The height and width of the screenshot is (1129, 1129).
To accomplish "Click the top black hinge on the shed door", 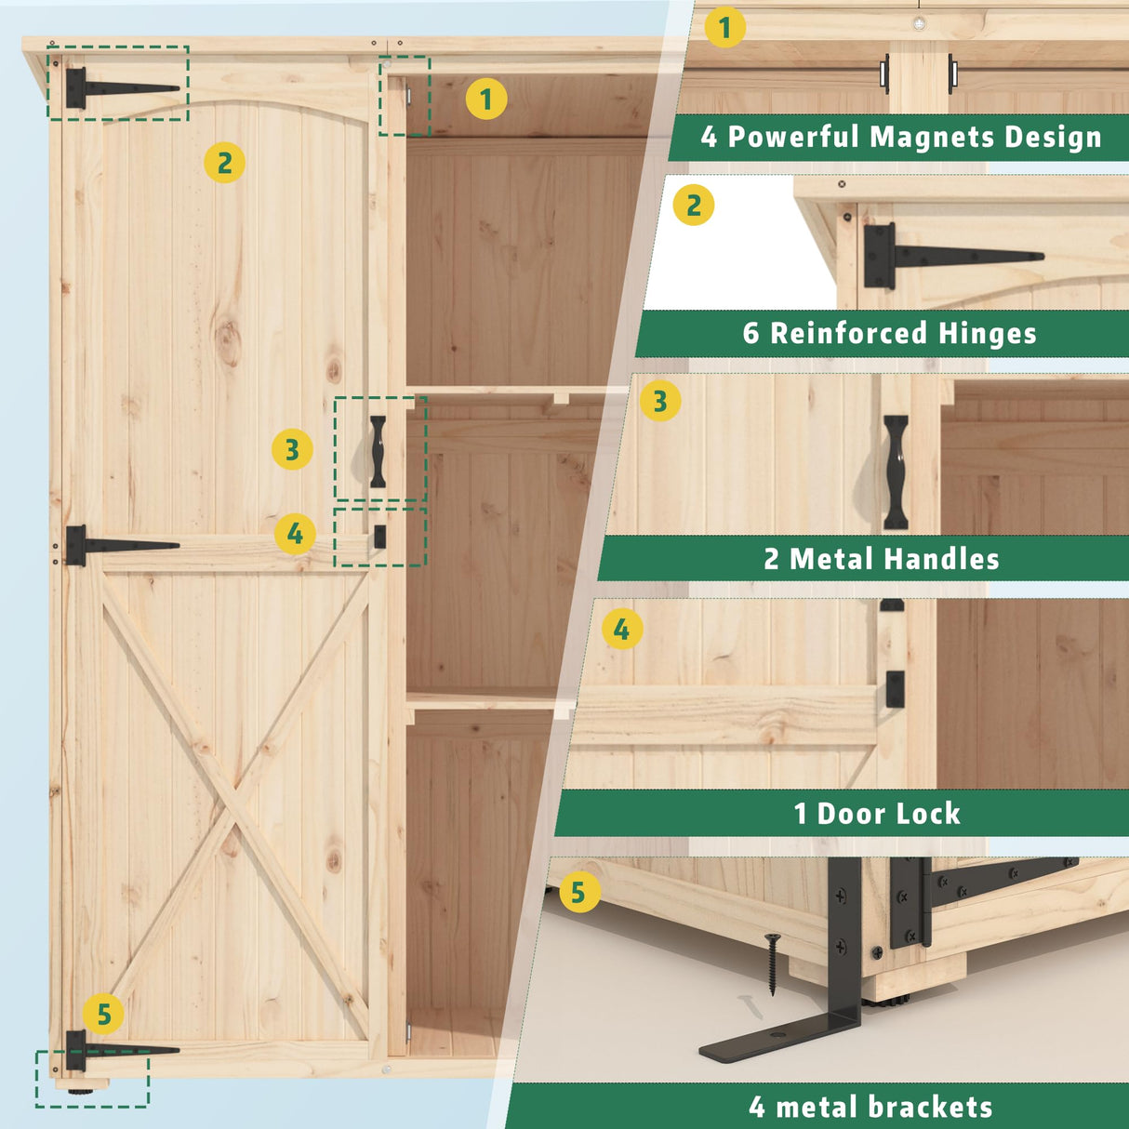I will click(x=112, y=88).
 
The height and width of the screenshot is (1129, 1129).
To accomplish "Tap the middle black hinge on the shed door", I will click(x=112, y=546).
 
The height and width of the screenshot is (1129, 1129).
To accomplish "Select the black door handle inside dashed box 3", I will click(x=378, y=451).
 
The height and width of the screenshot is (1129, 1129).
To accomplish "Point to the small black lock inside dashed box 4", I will click(x=379, y=537).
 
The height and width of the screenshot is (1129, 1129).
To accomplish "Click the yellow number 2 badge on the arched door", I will click(x=224, y=163).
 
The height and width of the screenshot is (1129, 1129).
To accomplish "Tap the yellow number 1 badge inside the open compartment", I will click(x=485, y=99).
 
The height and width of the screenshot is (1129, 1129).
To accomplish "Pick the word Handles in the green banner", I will click(x=940, y=559).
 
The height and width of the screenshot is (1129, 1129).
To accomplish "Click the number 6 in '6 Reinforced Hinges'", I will click(x=750, y=333).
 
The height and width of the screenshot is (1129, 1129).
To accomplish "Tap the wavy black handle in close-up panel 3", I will click(x=896, y=472).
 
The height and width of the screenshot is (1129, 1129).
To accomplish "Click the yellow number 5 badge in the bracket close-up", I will click(x=578, y=893).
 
